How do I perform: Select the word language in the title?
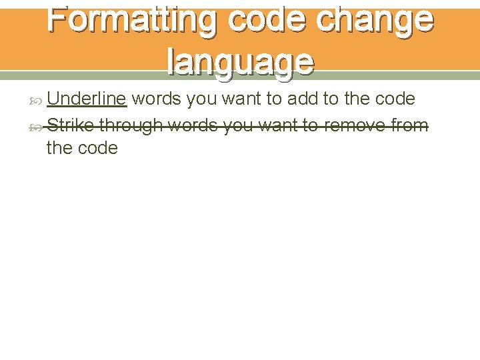241,62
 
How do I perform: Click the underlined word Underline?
87,99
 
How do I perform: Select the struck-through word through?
131,125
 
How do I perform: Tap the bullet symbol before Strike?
37,125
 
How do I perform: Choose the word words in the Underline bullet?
157,99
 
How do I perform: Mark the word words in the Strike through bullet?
193,125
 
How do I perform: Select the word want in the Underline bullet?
241,99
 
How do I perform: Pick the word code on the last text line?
97,147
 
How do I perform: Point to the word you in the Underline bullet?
202,99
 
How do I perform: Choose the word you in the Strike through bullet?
238,125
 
